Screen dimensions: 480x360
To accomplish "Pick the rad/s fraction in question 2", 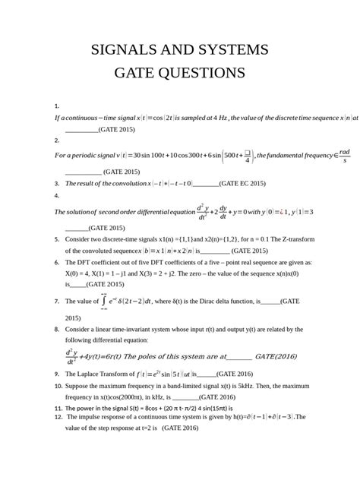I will tap(345, 155).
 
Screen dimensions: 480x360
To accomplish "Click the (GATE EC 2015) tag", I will tap(242, 184).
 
